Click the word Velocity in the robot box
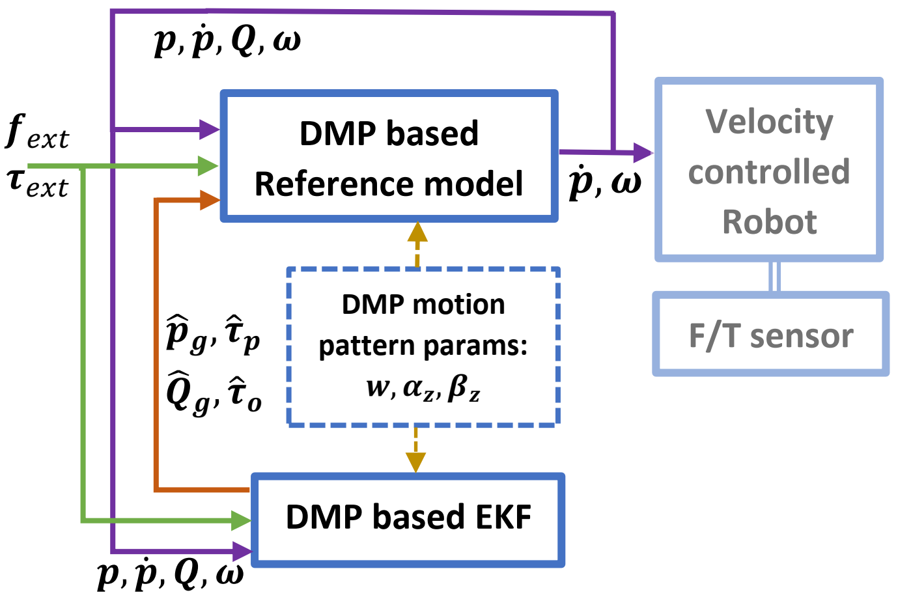[x=769, y=123]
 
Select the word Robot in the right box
[x=769, y=222]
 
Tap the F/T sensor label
[x=771, y=336]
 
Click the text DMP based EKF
[x=408, y=517]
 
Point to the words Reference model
[x=389, y=183]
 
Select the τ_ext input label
[x=38, y=184]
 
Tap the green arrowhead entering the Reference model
[x=208, y=166]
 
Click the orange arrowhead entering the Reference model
[x=210, y=199]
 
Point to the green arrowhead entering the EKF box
[x=242, y=520]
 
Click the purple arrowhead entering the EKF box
[x=242, y=551]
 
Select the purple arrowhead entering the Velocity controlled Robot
[x=643, y=153]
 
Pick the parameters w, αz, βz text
[x=423, y=388]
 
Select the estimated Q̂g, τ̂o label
[x=214, y=393]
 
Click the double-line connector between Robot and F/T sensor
[x=776, y=276]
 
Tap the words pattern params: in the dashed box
[x=423, y=345]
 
